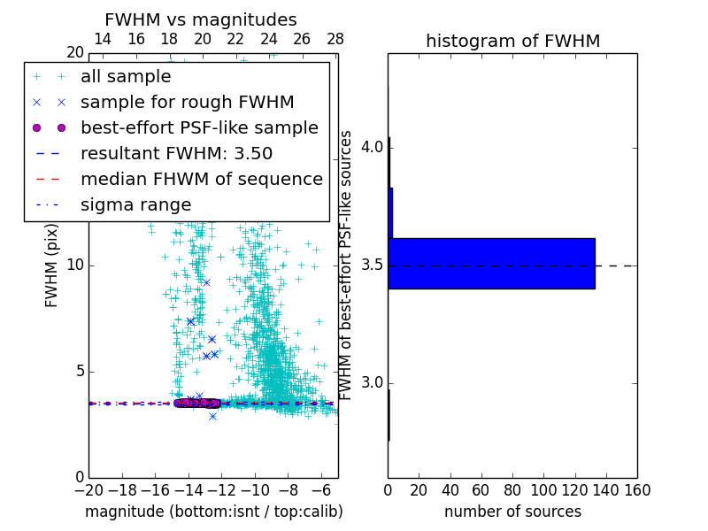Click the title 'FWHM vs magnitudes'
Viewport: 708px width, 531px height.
tap(201, 19)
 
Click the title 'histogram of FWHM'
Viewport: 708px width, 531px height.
tap(512, 41)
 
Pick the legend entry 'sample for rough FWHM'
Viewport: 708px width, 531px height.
tap(187, 102)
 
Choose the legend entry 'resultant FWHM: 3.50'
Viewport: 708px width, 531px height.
tap(176, 153)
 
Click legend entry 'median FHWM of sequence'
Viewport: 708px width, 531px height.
tap(201, 179)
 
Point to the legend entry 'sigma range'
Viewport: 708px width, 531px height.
tap(135, 205)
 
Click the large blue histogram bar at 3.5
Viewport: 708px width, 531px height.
tap(492, 263)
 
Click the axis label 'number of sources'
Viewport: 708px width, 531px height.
tap(512, 512)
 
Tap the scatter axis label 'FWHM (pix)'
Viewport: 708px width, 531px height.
tap(51, 265)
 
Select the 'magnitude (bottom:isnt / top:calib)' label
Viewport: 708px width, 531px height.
tap(213, 512)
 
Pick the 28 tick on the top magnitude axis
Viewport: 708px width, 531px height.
tap(335, 39)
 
